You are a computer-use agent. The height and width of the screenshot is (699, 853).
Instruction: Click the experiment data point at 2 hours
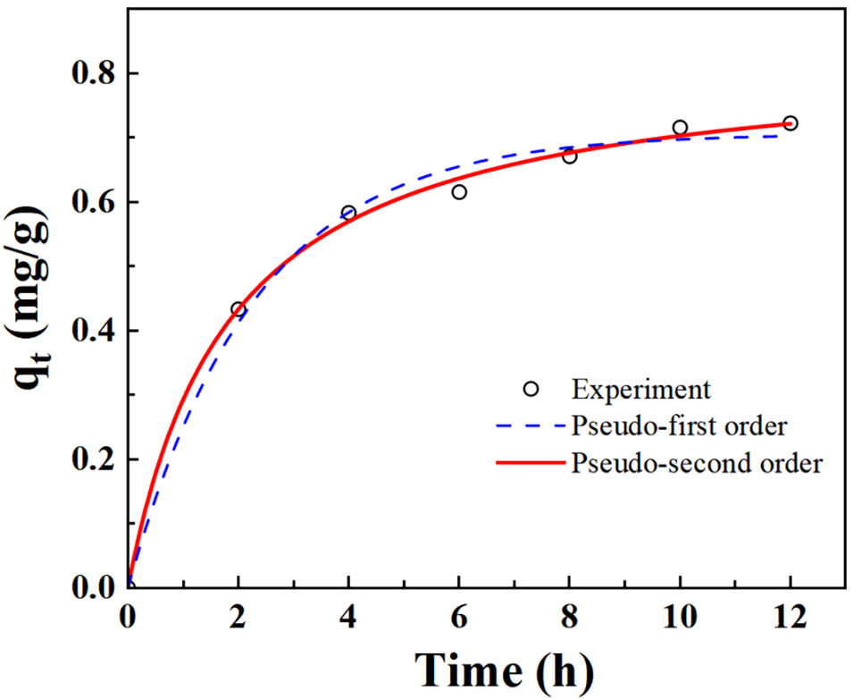tap(238, 309)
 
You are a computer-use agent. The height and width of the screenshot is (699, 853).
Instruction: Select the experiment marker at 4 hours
tap(348, 213)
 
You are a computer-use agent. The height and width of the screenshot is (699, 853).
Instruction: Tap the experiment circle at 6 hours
tap(459, 192)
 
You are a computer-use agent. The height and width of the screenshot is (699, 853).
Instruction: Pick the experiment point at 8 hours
tap(570, 156)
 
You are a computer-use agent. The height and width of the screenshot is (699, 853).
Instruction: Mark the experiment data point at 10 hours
tap(680, 128)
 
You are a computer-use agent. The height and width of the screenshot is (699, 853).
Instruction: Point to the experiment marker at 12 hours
tap(790, 123)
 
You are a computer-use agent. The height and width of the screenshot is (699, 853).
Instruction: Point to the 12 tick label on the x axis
tap(790, 619)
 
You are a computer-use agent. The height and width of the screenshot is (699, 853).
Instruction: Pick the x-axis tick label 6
tap(459, 619)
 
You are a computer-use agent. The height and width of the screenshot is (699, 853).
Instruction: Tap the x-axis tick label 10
tap(680, 619)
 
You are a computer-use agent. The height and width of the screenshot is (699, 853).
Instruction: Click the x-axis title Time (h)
tap(505, 669)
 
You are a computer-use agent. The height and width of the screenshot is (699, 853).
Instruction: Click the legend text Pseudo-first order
tap(679, 426)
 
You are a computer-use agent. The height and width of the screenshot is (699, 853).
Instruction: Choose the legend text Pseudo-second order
tap(696, 464)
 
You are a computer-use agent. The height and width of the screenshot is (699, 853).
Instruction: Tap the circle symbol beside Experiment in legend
tap(531, 389)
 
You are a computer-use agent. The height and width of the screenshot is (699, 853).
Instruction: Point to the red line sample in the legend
tap(531, 464)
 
